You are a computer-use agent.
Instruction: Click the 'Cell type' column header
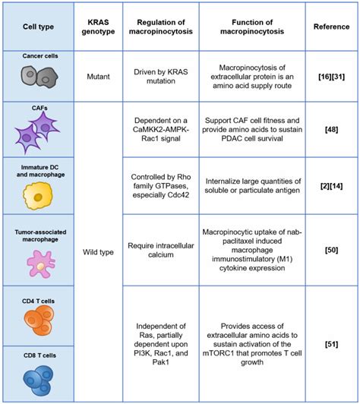click(38, 26)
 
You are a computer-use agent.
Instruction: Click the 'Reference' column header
click(331, 26)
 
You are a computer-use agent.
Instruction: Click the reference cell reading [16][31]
click(331, 76)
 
